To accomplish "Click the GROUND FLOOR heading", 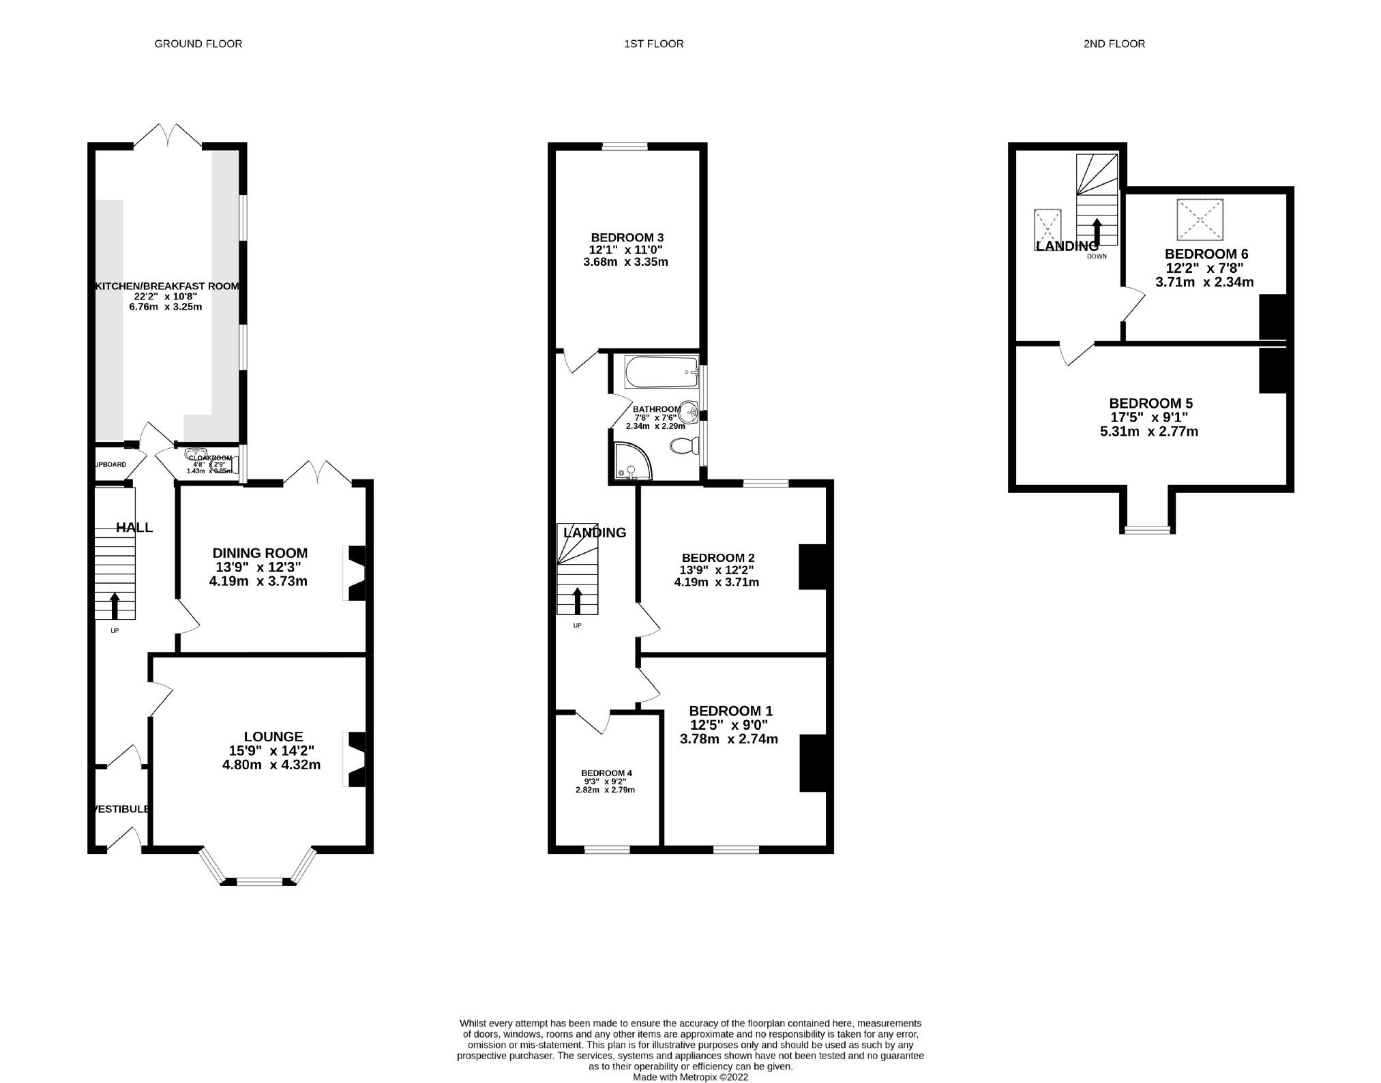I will point(198,44).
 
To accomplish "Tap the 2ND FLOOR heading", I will point(1114,44).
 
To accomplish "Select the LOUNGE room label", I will point(273,737).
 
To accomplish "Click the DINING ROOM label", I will point(260,553).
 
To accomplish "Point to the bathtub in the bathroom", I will point(661,372).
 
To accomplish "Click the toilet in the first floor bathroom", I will point(683,447).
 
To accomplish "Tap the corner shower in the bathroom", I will point(631,462).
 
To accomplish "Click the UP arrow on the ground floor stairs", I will point(114,604).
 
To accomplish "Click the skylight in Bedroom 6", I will point(1200,219).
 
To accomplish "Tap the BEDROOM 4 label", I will point(606,773).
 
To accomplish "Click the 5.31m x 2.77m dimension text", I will point(1149,431).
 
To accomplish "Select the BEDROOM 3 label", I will point(627,237).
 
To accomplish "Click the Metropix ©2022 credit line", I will point(690,1078).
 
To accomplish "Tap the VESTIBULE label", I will point(121,809).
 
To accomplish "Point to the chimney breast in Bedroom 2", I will point(812,566).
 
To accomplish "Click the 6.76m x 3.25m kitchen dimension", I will point(166,307).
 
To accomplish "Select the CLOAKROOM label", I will point(210,458).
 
